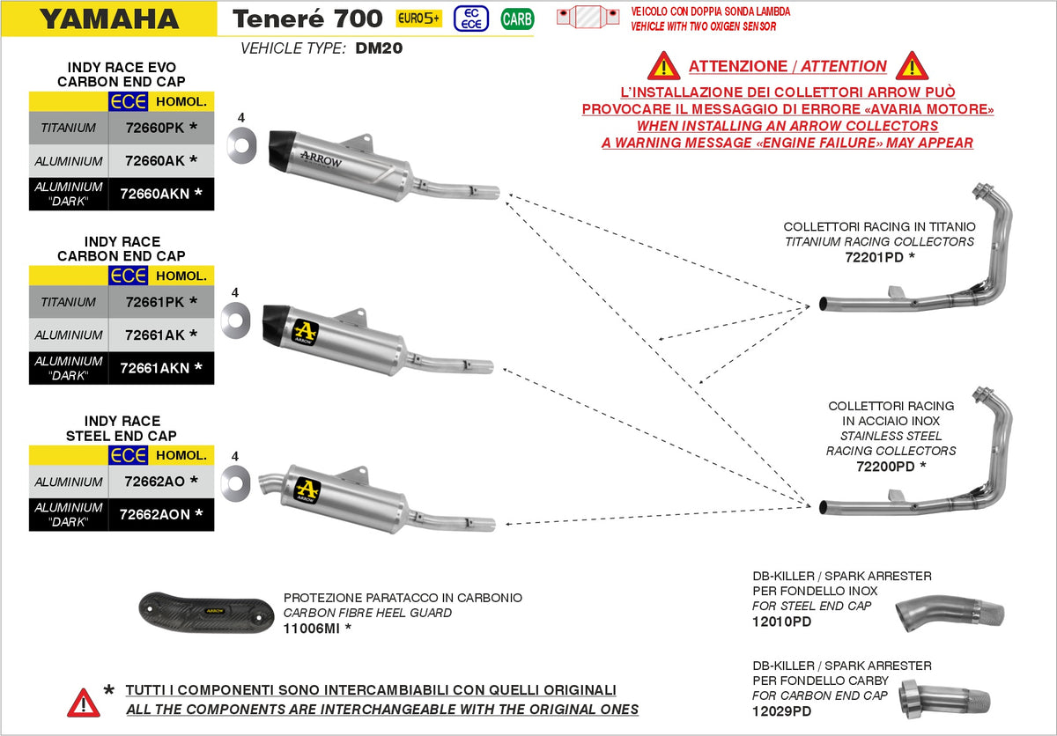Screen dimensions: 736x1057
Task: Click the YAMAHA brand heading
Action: [x=109, y=18]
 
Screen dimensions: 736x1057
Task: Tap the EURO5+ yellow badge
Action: [x=418, y=18]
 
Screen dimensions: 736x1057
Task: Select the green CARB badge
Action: [x=517, y=18]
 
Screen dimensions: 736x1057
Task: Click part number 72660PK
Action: [x=155, y=128]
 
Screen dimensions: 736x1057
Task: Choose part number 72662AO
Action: [x=155, y=482]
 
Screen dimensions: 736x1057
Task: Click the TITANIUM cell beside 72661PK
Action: [x=68, y=302]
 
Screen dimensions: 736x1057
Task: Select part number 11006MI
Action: [x=313, y=628]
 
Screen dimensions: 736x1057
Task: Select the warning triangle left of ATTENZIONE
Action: [x=663, y=66]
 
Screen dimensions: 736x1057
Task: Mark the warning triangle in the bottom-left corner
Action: [x=83, y=702]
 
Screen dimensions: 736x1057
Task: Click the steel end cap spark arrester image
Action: [x=950, y=613]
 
